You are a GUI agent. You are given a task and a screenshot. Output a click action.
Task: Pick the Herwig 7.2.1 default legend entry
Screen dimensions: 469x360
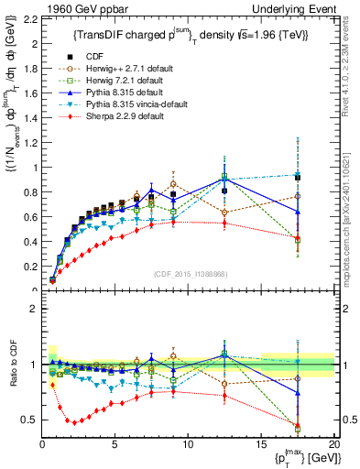tap(116, 80)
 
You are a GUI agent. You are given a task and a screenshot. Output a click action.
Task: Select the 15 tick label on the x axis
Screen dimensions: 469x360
tap(261, 445)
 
